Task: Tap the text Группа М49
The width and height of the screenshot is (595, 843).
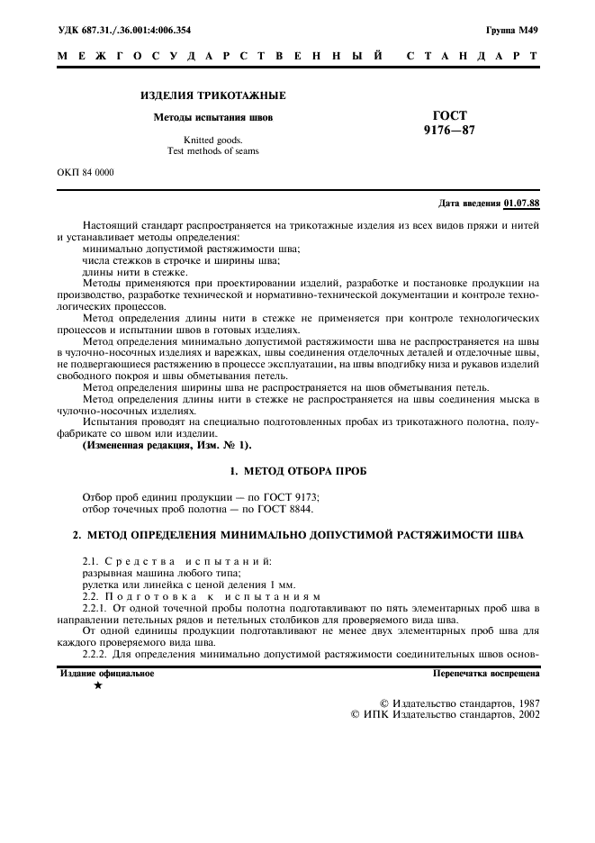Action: [512, 31]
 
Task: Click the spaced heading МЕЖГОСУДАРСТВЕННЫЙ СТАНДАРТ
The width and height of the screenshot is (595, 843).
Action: [298, 57]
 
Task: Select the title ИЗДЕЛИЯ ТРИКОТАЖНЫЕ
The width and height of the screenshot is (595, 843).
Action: [213, 95]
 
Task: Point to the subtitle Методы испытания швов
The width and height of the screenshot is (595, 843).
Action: [213, 117]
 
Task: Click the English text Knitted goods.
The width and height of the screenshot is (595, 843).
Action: [213, 140]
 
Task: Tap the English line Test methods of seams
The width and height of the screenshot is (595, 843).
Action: [213, 151]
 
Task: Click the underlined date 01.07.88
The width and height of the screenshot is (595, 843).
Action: [522, 203]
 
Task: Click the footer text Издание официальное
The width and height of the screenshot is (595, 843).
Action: [107, 673]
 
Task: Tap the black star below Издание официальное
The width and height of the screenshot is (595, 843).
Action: [97, 686]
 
